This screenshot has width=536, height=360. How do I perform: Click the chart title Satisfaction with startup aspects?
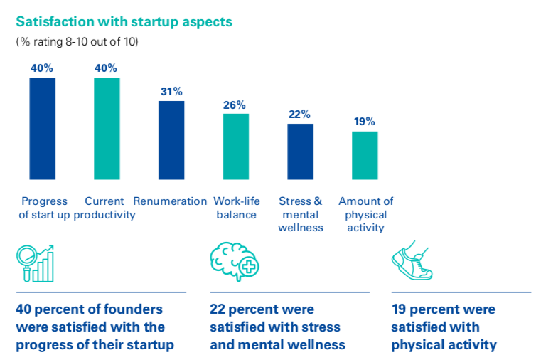(124, 21)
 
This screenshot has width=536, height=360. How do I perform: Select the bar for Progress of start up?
(42, 128)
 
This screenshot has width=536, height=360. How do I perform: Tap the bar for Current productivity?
(107, 128)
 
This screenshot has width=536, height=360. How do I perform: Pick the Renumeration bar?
(171, 139)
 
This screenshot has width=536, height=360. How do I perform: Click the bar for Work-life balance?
(235, 146)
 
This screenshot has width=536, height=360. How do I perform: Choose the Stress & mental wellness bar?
(300, 152)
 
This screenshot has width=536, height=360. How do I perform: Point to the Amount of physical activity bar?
(365, 155)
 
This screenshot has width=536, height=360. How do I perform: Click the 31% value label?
(171, 92)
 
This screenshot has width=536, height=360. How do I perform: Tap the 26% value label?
(235, 105)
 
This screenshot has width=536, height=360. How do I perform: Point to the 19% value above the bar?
(365, 122)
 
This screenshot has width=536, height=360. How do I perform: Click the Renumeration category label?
(170, 201)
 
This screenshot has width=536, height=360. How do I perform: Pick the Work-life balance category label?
(236, 208)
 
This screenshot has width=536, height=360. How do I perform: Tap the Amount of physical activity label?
(365, 214)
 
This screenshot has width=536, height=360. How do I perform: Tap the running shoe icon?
(412, 263)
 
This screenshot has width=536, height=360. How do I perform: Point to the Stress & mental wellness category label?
(301, 214)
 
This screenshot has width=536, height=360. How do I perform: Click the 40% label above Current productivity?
(107, 68)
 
